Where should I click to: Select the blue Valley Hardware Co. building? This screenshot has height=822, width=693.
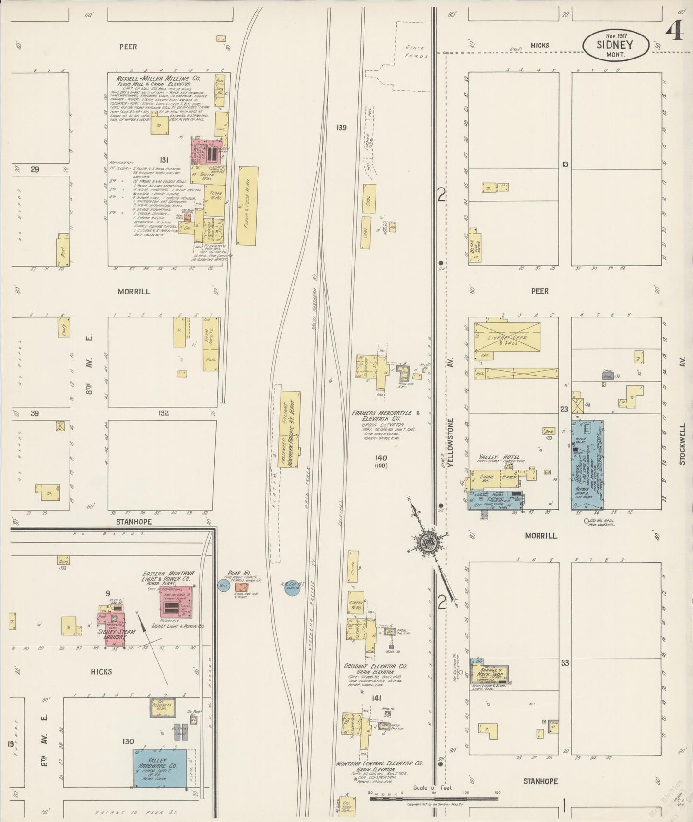160,767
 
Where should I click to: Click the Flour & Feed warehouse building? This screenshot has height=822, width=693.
248,206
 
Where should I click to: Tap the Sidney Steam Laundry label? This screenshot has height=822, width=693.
116,634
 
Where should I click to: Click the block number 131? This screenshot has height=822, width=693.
164,160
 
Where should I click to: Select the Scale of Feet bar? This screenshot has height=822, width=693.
434,799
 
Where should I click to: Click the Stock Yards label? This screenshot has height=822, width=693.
416,51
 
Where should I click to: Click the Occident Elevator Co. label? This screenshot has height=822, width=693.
376,666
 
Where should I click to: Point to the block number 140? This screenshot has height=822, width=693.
381,458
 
